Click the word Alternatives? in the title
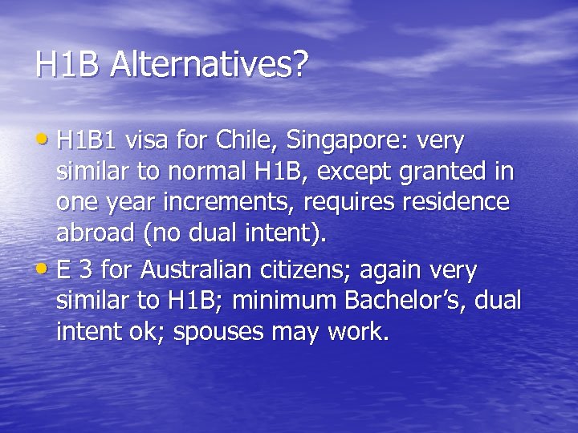tap(209, 65)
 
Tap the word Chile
tap(244, 142)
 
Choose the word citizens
tap(307, 270)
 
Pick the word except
tap(334, 172)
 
